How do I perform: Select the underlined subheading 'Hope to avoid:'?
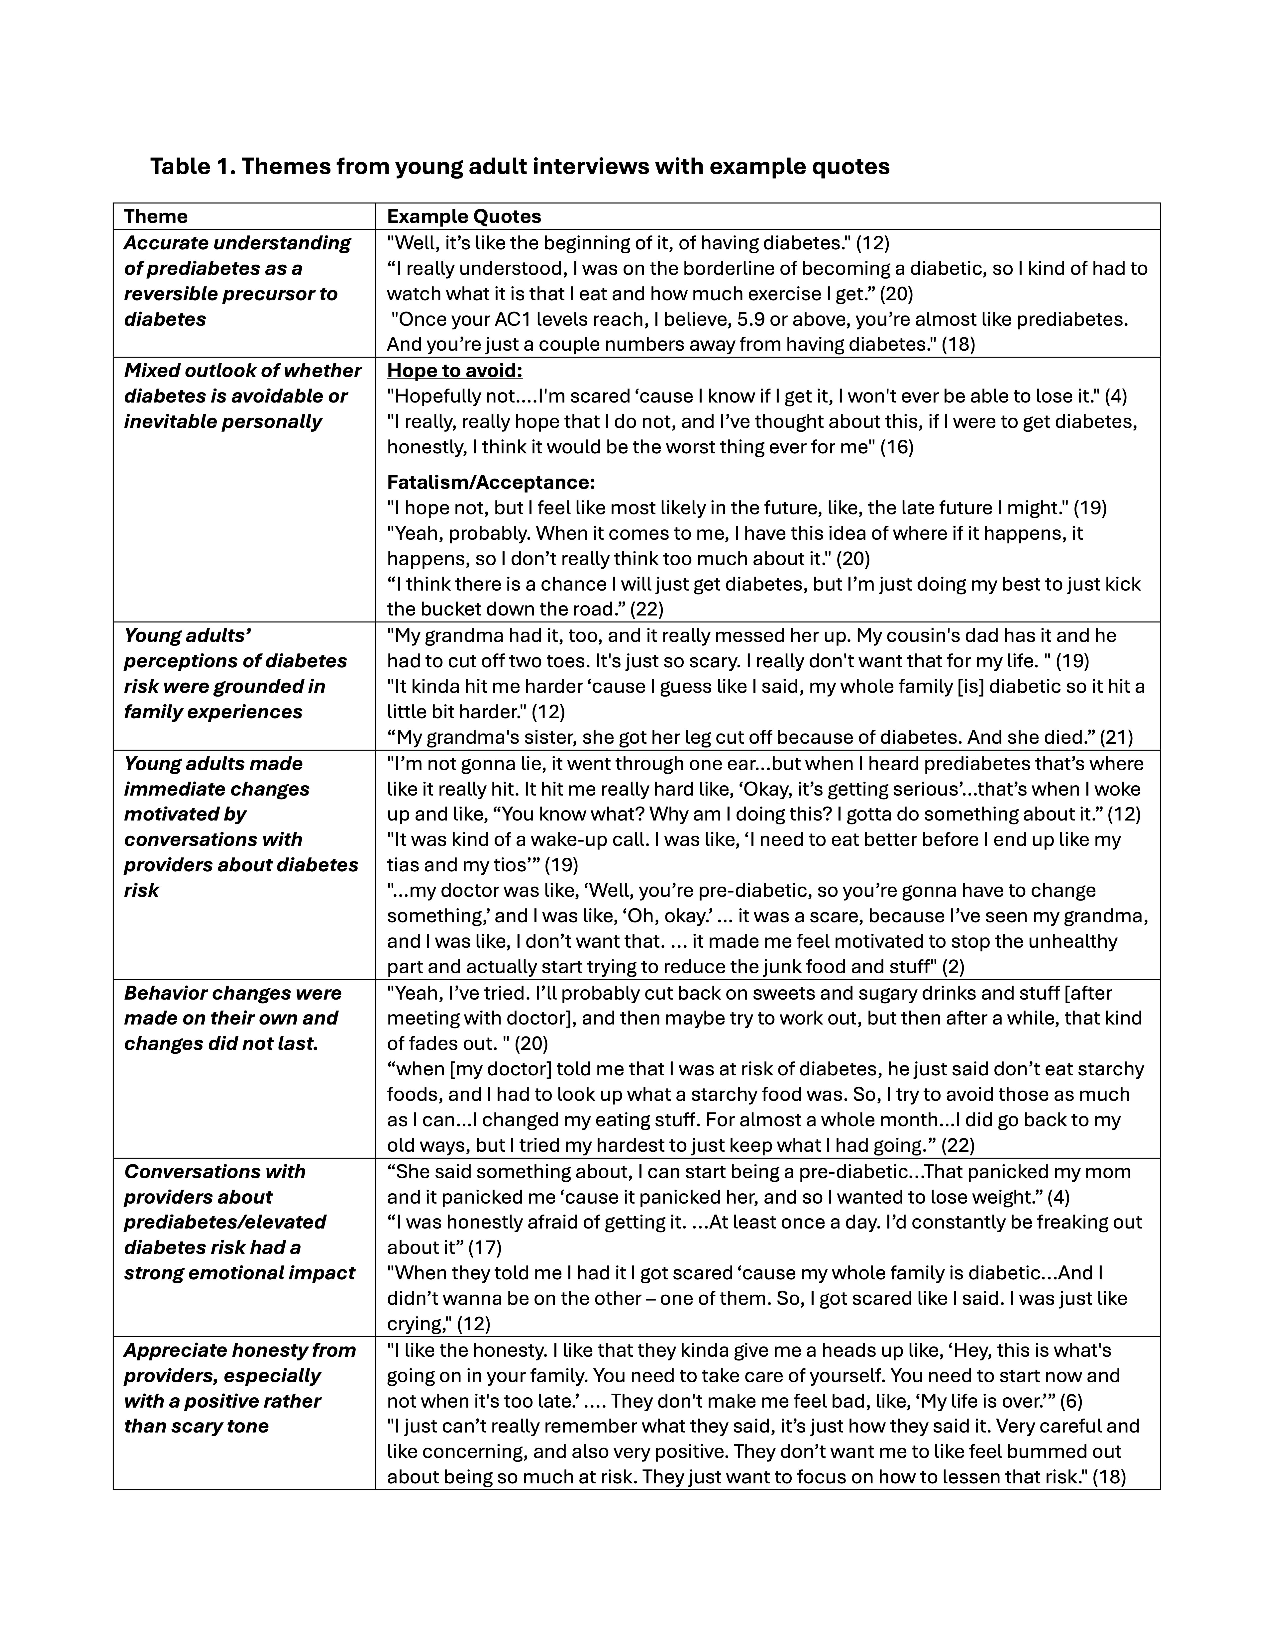point(454,371)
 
